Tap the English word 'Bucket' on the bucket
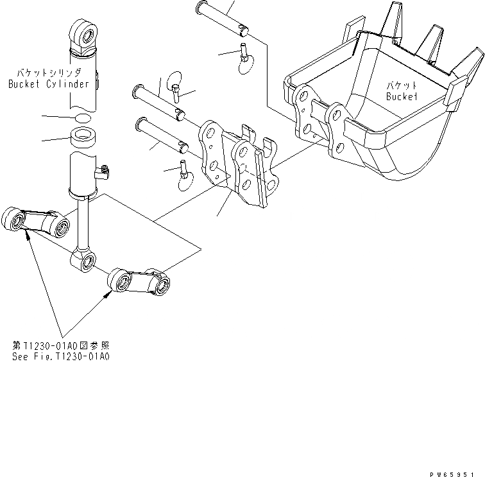point(402,96)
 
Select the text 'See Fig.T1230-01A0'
point(61,356)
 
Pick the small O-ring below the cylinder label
point(81,118)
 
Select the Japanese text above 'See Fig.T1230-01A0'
point(61,345)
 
